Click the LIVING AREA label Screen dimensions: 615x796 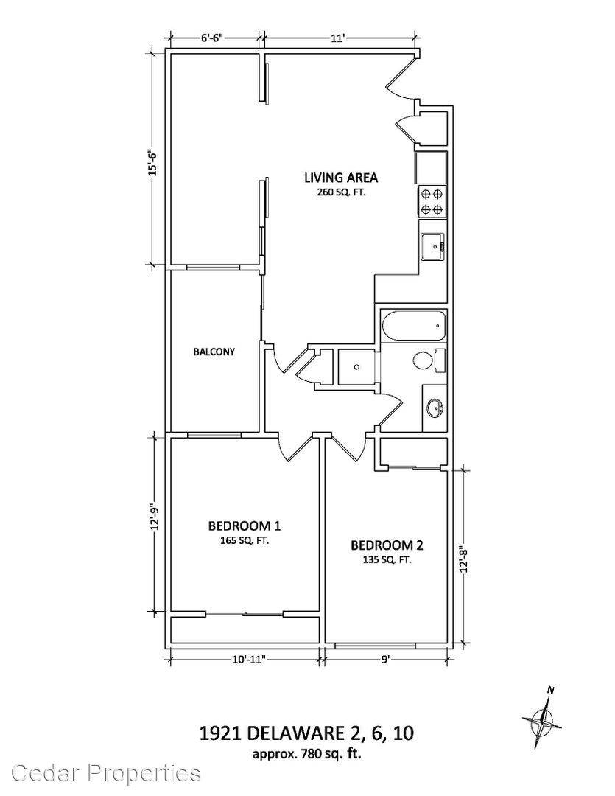coord(340,178)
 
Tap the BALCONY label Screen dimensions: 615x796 coord(214,352)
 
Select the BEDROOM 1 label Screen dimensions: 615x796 coord(245,526)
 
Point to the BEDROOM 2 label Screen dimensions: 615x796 coord(387,545)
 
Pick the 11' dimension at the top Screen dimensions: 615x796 coord(338,38)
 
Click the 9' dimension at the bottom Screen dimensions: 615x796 coord(386,660)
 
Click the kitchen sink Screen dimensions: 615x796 coord(433,247)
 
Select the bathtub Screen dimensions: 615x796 coord(413,326)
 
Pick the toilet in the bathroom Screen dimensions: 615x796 coord(429,361)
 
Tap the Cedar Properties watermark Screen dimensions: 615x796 coord(106,772)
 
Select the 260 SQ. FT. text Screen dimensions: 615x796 coord(340,192)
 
